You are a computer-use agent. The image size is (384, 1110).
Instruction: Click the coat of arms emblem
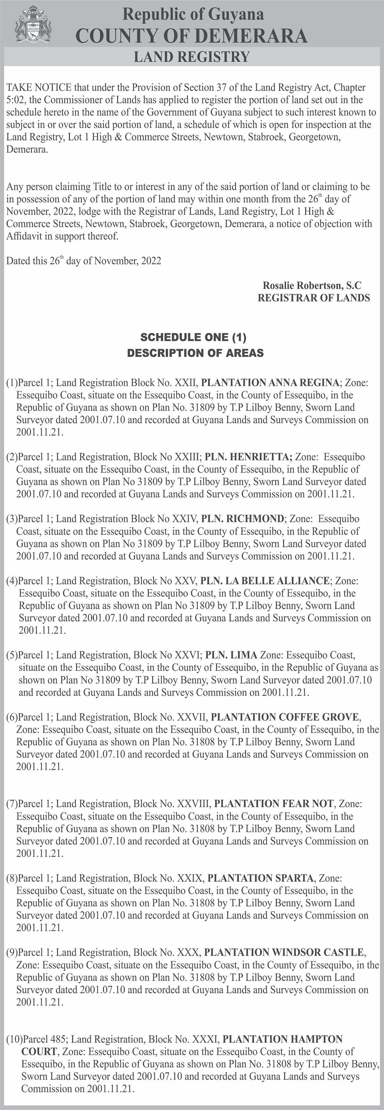tap(33, 25)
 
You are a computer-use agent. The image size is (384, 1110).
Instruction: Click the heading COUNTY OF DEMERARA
tap(192, 36)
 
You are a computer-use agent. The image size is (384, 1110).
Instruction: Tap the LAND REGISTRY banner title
tap(192, 57)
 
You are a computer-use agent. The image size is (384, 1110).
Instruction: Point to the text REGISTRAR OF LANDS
tap(314, 298)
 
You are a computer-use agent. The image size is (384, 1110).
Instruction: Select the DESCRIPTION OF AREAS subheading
tap(195, 353)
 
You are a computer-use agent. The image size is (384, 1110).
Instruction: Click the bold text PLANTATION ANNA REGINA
tap(270, 383)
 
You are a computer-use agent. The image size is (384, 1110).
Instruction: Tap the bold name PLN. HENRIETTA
tap(249, 457)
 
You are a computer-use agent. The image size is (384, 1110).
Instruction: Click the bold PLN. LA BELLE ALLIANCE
tap(265, 581)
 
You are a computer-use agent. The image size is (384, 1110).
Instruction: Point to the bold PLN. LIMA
tap(231, 655)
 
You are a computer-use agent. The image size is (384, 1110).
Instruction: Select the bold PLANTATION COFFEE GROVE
tap(285, 717)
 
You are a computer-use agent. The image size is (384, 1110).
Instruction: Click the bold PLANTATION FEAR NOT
tap(274, 804)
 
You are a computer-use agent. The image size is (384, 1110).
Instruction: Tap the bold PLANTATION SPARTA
tap(260, 866)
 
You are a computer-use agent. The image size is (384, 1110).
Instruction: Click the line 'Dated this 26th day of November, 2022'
tap(84, 261)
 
